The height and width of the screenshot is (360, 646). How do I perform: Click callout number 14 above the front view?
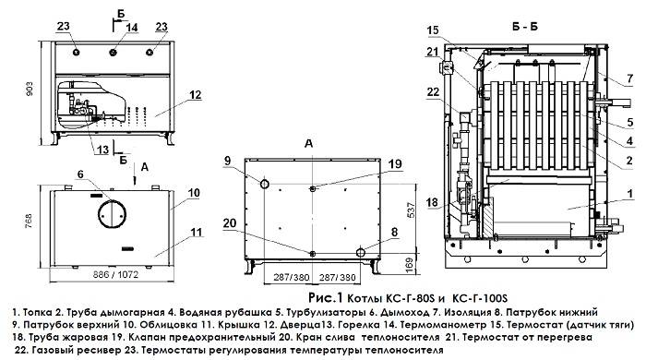pyautogui.click(x=132, y=28)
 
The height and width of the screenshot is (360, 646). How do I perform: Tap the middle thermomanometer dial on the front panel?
pyautogui.click(x=113, y=53)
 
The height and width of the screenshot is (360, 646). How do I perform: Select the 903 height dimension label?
pyautogui.click(x=30, y=90)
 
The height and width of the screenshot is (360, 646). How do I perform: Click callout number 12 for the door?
pyautogui.click(x=196, y=95)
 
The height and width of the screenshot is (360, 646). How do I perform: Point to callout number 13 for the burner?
pyautogui.click(x=103, y=150)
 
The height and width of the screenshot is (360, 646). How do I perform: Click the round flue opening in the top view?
pyautogui.click(x=112, y=213)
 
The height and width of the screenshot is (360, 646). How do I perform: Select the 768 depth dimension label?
pyautogui.click(x=28, y=221)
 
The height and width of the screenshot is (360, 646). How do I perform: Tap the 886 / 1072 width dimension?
pyautogui.click(x=115, y=274)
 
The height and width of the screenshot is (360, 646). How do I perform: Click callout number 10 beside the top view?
pyautogui.click(x=194, y=192)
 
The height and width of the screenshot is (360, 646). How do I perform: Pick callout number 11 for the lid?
pyautogui.click(x=197, y=233)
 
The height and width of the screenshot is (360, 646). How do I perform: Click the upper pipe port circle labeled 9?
pyautogui.click(x=264, y=184)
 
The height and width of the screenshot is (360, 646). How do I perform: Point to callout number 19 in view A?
pyautogui.click(x=395, y=164)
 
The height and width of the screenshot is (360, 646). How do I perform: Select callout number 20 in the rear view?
pyautogui.click(x=230, y=223)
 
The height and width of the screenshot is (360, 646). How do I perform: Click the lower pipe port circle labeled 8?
pyautogui.click(x=361, y=252)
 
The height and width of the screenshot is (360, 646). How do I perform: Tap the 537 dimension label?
pyautogui.click(x=411, y=210)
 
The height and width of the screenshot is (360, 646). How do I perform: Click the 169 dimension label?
pyautogui.click(x=411, y=265)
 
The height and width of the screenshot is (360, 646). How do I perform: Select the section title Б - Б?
pyautogui.click(x=525, y=27)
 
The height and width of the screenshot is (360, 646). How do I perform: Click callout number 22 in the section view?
pyautogui.click(x=433, y=92)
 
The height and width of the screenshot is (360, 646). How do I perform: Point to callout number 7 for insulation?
pyautogui.click(x=629, y=78)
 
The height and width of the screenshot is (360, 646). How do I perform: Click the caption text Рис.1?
pyautogui.click(x=326, y=297)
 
